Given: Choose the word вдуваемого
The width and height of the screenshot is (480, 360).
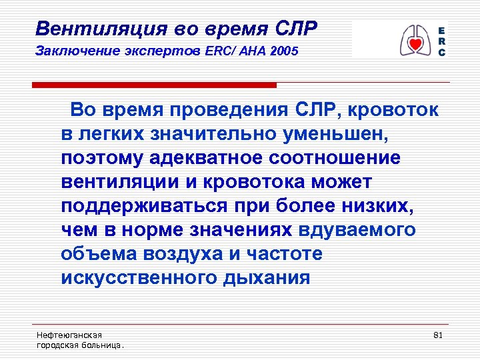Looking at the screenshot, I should pos(357,231).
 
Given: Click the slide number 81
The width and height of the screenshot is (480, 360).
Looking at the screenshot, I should pos(438,334).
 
